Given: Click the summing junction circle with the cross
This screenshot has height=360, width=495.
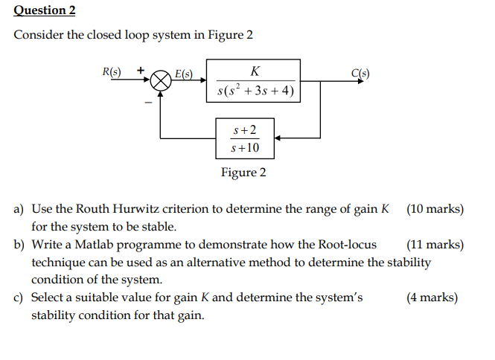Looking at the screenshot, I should [162, 81].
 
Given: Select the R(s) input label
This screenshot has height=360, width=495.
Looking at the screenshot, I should [111, 72].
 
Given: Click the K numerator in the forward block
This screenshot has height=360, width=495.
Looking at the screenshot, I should [255, 71].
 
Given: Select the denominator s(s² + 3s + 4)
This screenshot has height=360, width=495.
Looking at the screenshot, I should [255, 92].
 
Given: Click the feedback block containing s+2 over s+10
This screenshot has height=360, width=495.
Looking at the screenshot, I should [245, 138].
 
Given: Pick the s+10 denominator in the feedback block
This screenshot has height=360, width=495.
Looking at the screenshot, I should [246, 148].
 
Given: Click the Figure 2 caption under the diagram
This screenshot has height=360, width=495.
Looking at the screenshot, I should [243, 173].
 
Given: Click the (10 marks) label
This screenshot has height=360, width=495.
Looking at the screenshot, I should [435, 209].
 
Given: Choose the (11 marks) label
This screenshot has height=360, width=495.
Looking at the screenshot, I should [435, 244].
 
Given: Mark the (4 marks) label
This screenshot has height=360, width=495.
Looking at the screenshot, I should [432, 298].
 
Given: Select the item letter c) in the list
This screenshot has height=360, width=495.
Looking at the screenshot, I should [20, 298].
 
